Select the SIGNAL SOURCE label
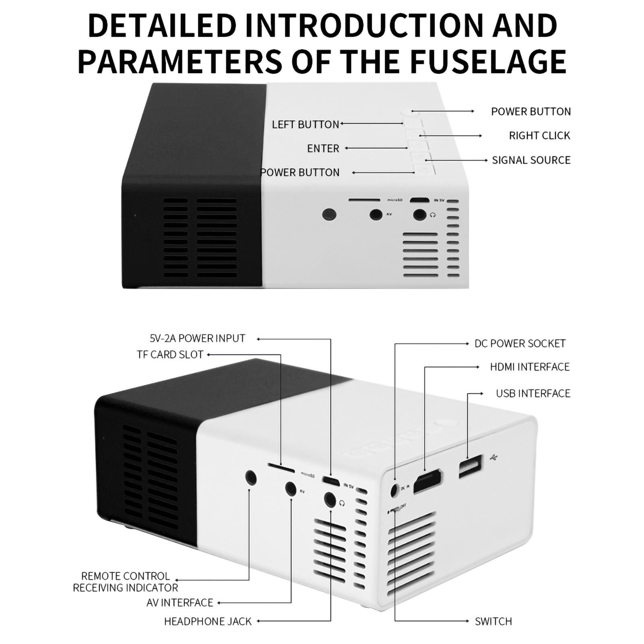[x=531, y=160]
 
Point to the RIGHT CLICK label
[x=539, y=136]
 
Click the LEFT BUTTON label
[x=305, y=125]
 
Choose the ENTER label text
[x=323, y=149]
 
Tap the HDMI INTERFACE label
[x=530, y=367]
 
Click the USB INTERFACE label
[x=533, y=393]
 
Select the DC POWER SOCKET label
[x=520, y=344]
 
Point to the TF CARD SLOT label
[x=170, y=355]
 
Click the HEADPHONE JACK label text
[x=208, y=621]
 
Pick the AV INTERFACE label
[x=180, y=603]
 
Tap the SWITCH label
[x=493, y=621]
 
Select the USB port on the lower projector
[x=471, y=466]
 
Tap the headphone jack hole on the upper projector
[x=420, y=215]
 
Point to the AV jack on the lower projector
[x=291, y=488]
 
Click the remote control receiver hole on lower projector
[x=251, y=478]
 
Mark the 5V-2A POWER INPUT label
[x=197, y=339]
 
